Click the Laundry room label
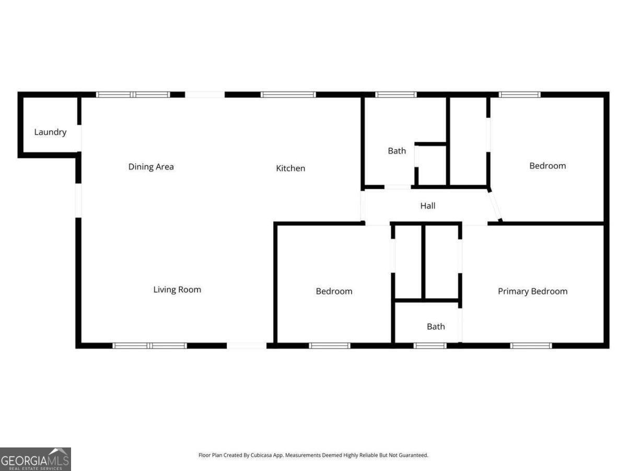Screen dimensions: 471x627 (x=50, y=132)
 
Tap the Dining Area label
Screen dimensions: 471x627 (x=151, y=167)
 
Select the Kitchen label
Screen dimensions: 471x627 (x=291, y=168)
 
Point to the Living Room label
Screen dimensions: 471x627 (x=177, y=289)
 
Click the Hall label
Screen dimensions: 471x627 (x=428, y=206)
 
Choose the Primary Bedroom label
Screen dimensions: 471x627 (x=532, y=291)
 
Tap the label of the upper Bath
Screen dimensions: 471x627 (x=397, y=151)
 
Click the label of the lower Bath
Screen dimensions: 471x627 (x=436, y=327)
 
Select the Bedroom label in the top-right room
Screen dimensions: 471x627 (x=548, y=166)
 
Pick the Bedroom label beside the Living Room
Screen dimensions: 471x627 (x=334, y=291)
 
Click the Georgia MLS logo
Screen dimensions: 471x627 (x=35, y=459)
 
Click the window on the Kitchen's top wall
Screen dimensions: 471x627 (x=288, y=95)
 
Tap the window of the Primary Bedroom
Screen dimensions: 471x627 (x=531, y=345)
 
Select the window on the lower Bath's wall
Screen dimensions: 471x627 (x=430, y=345)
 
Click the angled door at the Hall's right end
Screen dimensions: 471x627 (x=495, y=206)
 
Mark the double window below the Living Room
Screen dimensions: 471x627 (x=150, y=345)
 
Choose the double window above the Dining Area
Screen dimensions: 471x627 (x=133, y=95)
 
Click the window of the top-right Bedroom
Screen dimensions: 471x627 (x=519, y=95)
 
